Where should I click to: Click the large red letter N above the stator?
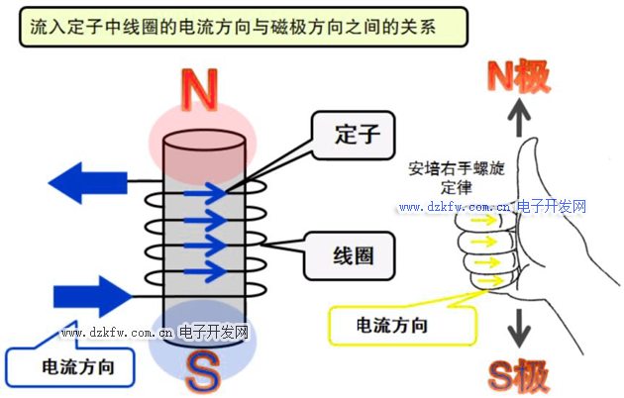click(x=203, y=92)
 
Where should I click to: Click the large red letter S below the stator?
click(x=203, y=373)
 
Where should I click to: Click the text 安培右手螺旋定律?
click(x=455, y=177)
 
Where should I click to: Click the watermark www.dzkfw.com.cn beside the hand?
click(x=454, y=208)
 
